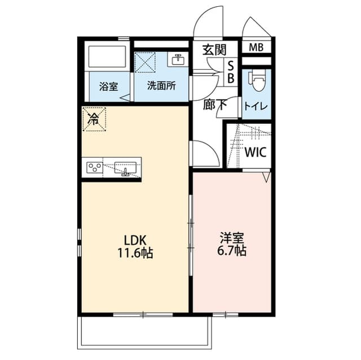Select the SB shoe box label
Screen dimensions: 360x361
[230, 73]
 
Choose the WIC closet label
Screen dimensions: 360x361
[256, 152]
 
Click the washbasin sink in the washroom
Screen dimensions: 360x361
[178, 59]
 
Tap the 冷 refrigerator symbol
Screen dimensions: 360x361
[94, 118]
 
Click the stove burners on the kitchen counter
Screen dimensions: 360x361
[94, 167]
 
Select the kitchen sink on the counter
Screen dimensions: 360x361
[126, 168]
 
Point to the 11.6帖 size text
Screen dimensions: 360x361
[134, 253]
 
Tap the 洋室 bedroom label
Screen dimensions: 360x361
[232, 238]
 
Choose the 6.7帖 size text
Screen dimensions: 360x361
[232, 251]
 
